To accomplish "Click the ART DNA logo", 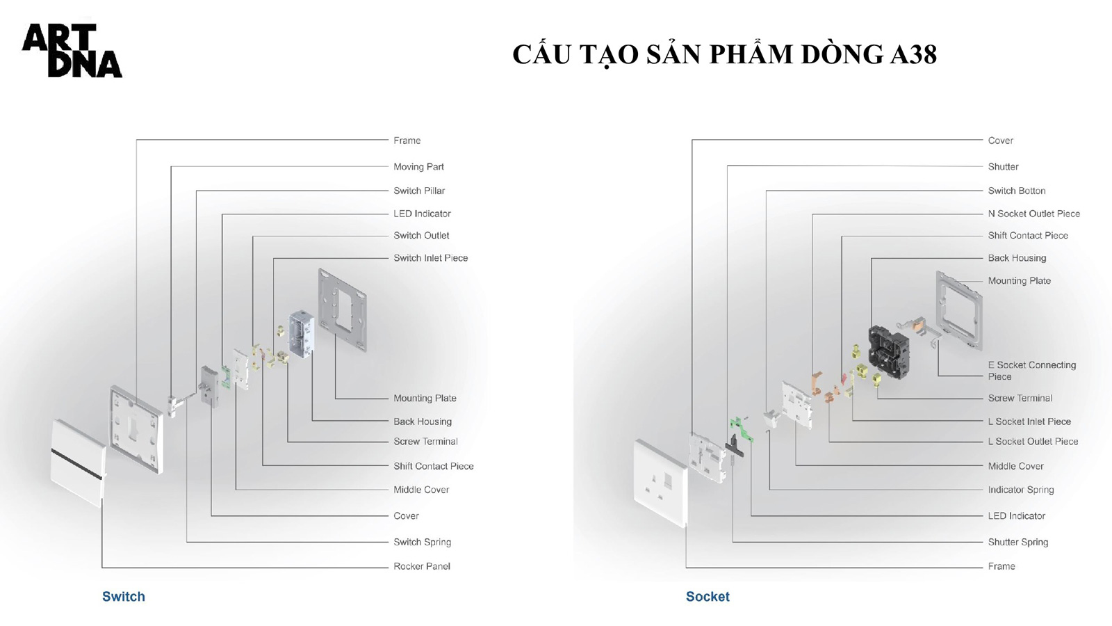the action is pos(72,51).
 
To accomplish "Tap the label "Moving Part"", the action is pos(418,167).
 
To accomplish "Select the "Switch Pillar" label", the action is pos(419,191).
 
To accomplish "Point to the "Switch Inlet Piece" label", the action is pos(430,258).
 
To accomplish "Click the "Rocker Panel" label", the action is pos(421,566).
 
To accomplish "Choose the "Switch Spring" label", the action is pos(422,542).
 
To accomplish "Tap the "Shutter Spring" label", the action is pos(1017,542).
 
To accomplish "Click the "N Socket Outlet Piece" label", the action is pos(1033,214).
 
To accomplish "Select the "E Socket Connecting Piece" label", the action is pos(1031,371).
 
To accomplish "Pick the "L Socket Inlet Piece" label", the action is pos(1029,422).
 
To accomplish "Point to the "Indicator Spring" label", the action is pos(1021,490).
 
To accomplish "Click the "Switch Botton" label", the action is pos(1016,191).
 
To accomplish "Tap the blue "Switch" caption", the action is pos(124,597).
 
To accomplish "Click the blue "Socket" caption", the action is pos(708,597).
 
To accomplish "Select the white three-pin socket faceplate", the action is pos(661,483).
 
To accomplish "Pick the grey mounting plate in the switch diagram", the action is pos(343,310).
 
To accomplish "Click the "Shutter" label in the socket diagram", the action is pos(1003,167).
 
